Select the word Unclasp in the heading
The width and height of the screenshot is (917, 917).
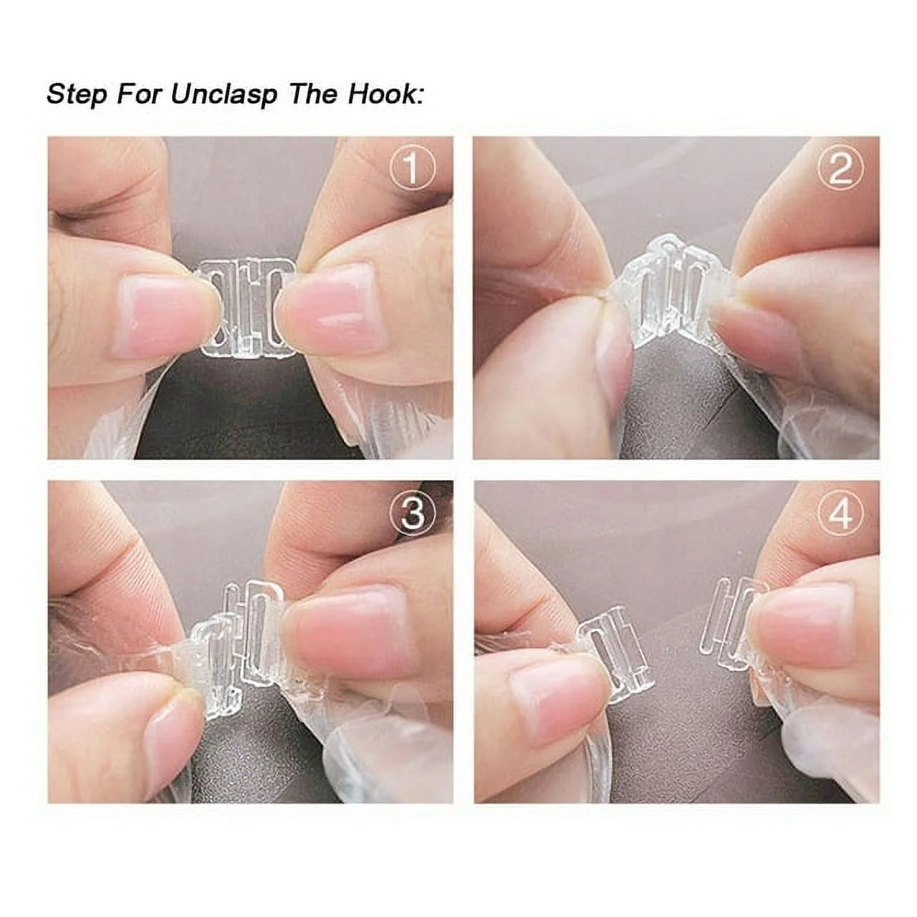click(x=224, y=95)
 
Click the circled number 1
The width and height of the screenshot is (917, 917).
click(x=412, y=170)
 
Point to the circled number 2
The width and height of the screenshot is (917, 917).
click(x=840, y=170)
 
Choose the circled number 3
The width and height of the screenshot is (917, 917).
click(x=412, y=514)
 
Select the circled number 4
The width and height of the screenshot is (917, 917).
click(x=840, y=514)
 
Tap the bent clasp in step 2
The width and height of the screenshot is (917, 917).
click(x=670, y=294)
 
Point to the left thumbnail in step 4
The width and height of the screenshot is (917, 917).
click(x=552, y=706)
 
